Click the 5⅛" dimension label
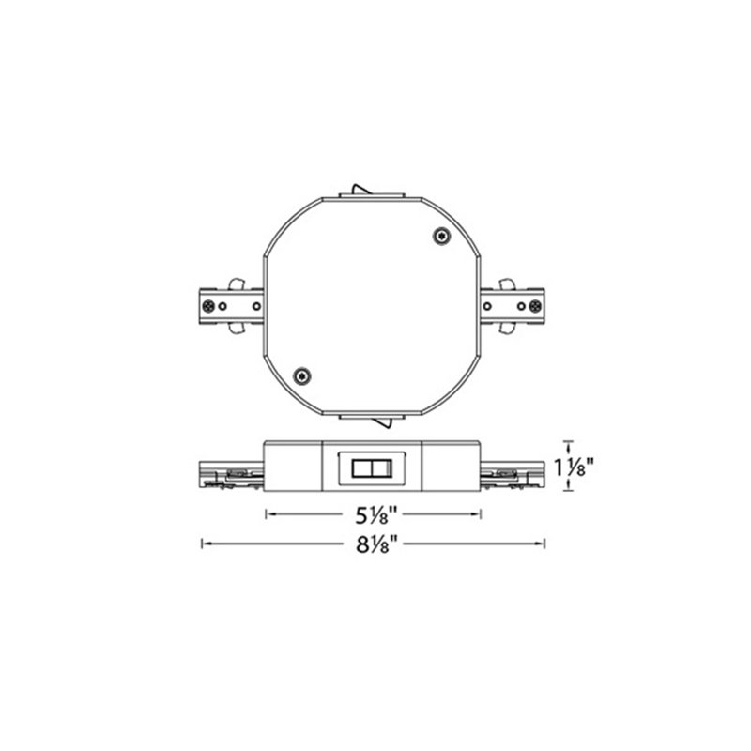pos(376,514)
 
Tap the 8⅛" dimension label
pos(377,544)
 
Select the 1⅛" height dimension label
pos(574,467)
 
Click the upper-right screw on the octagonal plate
pos(441,236)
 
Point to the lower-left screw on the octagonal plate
pos(301,376)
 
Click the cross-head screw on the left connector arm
pos(208,306)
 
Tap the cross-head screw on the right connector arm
pos(535,306)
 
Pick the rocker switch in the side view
pos(372,468)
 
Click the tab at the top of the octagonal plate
pos(372,192)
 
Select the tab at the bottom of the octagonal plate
pos(372,420)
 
